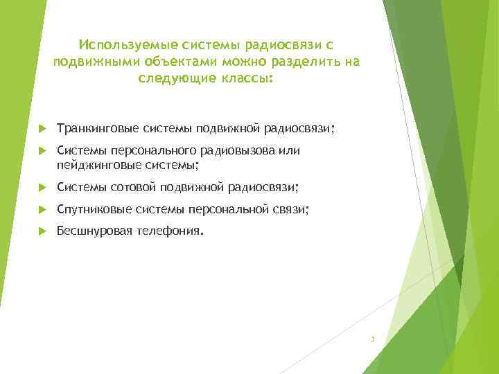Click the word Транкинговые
(x=98, y=129)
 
